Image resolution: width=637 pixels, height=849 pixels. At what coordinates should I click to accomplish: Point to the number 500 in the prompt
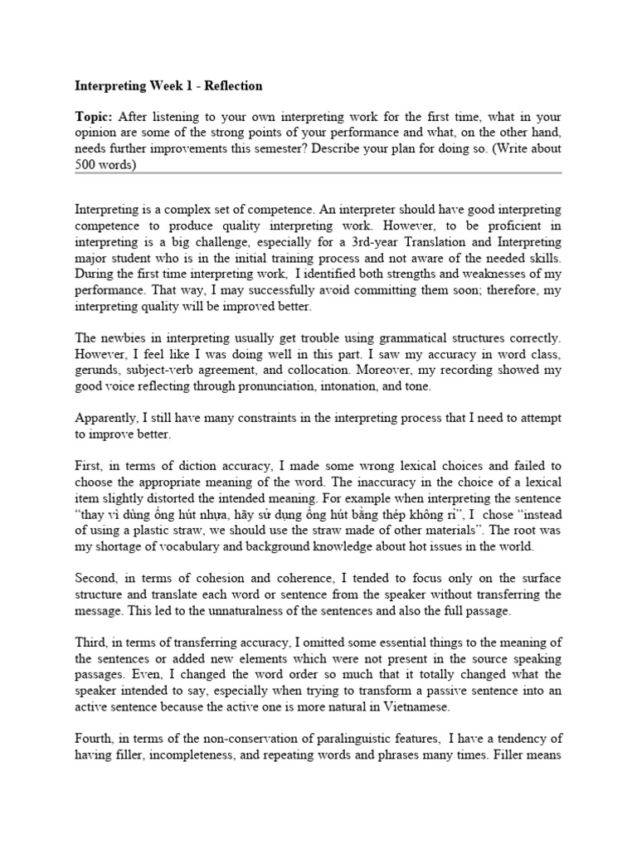point(86,165)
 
